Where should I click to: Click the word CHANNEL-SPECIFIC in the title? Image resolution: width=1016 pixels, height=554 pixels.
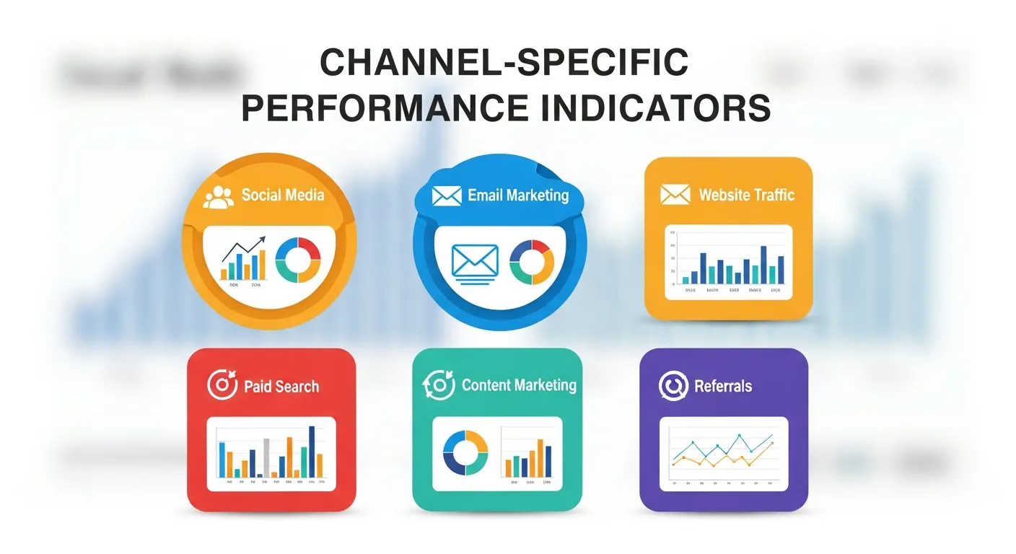504,63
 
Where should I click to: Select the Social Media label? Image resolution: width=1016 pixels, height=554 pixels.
283,195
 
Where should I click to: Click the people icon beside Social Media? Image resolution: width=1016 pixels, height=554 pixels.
219,197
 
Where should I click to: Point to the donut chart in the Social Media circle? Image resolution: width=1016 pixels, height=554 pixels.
297,260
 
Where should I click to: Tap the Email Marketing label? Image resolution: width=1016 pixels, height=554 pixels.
517,195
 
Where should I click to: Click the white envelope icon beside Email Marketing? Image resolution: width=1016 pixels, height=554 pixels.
446,195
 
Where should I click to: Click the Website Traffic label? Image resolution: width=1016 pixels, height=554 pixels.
746,195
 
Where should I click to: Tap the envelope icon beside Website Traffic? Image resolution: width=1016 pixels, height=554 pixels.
675,195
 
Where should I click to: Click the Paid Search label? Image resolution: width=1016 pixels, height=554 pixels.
281,387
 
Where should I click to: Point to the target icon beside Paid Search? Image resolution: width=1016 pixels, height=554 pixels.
222,384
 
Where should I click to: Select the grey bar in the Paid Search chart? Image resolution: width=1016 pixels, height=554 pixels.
266,457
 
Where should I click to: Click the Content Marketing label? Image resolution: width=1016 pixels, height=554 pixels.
519,385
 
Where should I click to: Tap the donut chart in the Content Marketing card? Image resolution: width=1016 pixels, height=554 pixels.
465,453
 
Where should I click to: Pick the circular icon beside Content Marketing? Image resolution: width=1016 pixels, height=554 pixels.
438,384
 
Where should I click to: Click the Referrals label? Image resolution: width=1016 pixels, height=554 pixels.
723,386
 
